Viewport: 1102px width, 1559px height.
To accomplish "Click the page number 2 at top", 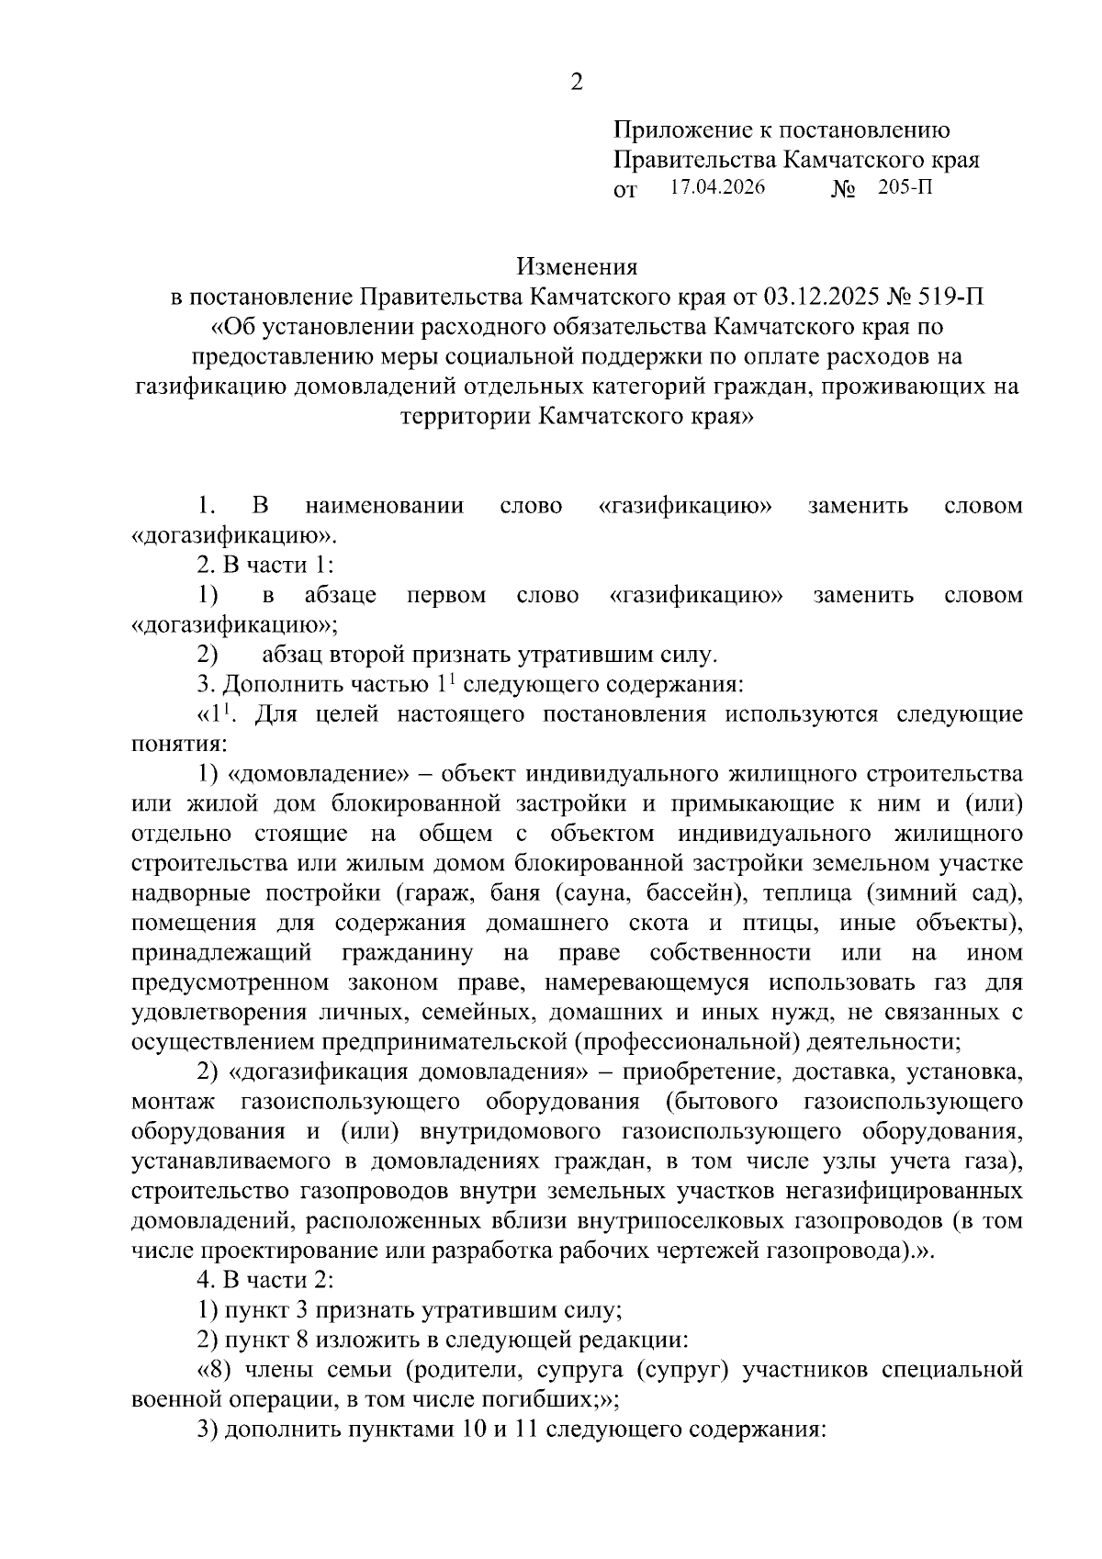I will [x=576, y=83].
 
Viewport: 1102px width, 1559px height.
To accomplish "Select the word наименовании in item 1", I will [x=384, y=506].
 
